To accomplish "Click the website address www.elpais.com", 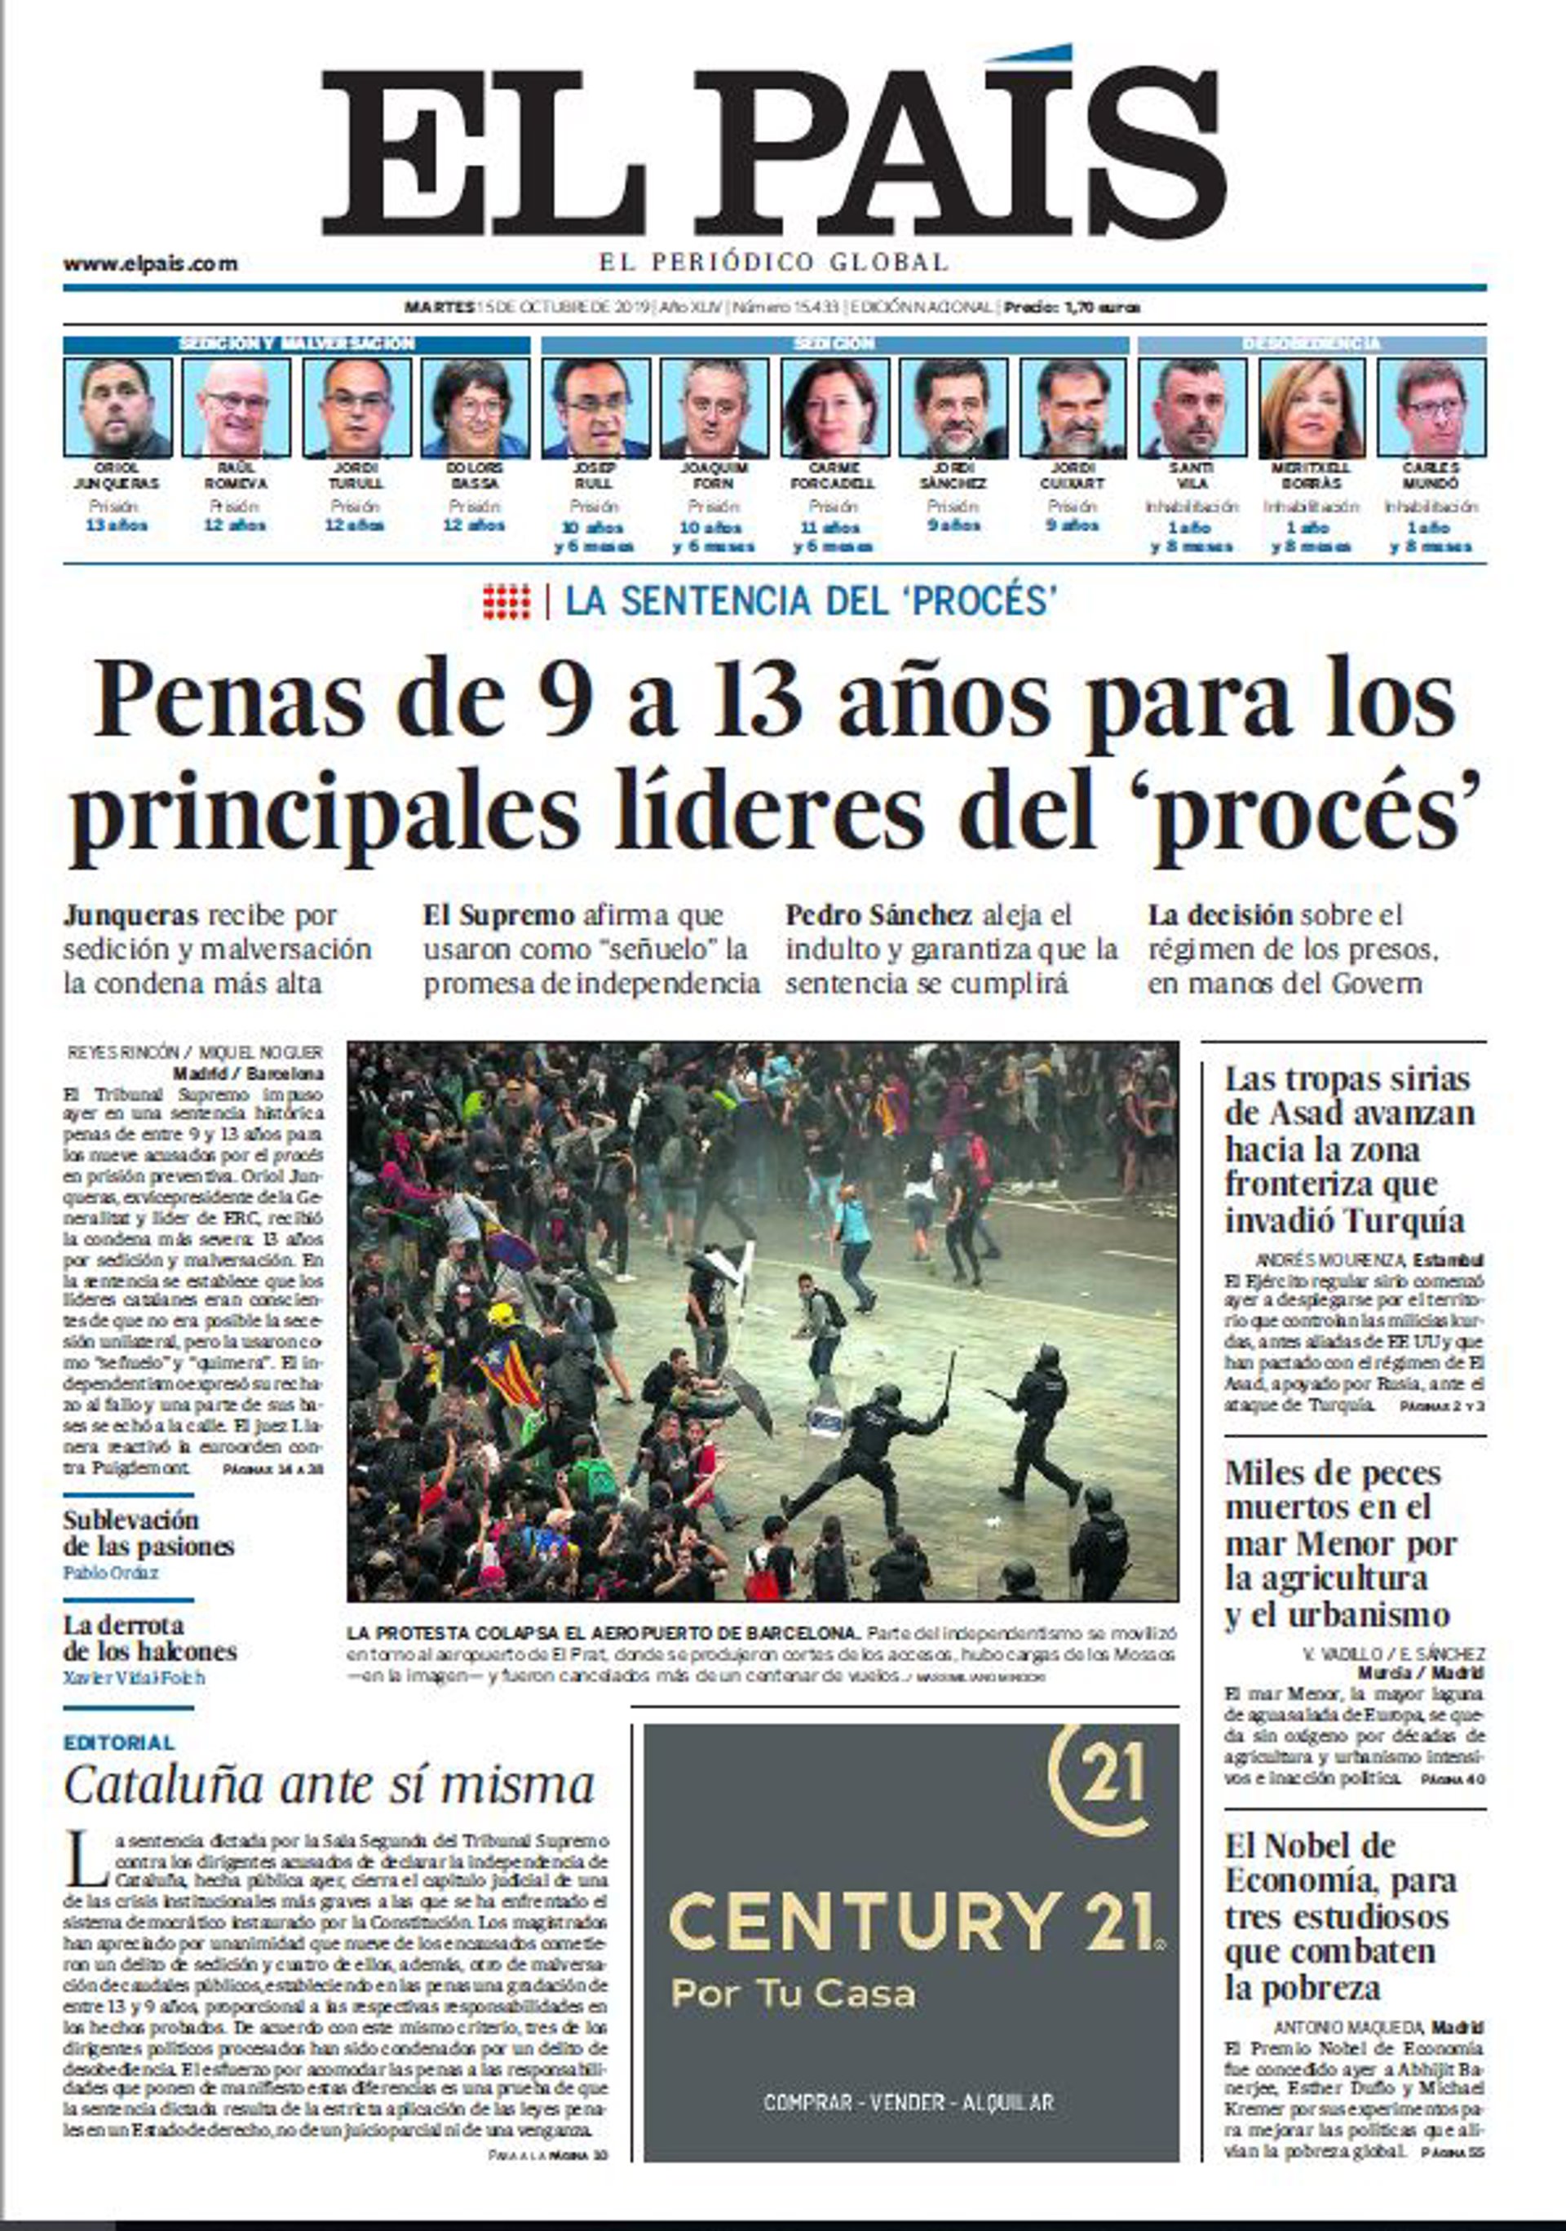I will click(151, 263).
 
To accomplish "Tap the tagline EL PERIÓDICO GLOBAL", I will click(773, 261).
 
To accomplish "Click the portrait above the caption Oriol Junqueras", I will click(117, 407).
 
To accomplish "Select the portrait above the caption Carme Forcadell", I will click(834, 407).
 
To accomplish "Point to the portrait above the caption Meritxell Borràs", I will click(1312, 407).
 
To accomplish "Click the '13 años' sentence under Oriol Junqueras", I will click(117, 525).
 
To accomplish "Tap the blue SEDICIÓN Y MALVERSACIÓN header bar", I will click(296, 344).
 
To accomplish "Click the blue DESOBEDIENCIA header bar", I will click(1311, 344).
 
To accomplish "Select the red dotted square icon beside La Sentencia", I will click(507, 601).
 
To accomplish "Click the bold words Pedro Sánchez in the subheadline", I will click(878, 915).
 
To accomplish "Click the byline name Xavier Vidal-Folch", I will click(134, 1677).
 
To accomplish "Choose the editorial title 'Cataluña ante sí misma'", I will click(329, 1785).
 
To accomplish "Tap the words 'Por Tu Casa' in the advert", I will click(793, 1994).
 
